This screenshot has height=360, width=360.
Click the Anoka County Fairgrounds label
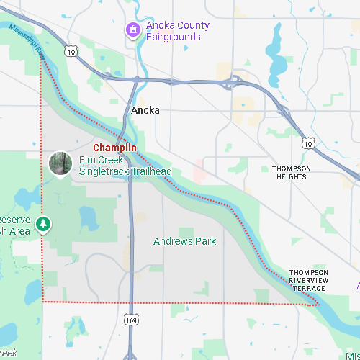pyautogui.click(x=177, y=31)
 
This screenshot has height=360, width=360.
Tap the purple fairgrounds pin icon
pyautogui.click(x=132, y=30)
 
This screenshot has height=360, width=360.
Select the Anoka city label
pyautogui.click(x=145, y=110)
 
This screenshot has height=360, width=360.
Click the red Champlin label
pyautogui.click(x=114, y=148)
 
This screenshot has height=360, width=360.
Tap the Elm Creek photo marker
pyautogui.click(x=60, y=163)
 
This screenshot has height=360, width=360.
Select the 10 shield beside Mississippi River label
pyautogui.click(x=70, y=51)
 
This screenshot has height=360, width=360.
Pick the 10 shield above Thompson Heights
pyautogui.click(x=308, y=144)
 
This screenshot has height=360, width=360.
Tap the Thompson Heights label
pyautogui.click(x=292, y=172)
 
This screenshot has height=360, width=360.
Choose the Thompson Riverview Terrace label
pyautogui.click(x=308, y=280)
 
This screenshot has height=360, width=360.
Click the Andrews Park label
pyautogui.click(x=184, y=241)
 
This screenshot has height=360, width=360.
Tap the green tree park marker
pyautogui.click(x=44, y=225)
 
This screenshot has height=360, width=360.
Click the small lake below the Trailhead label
pyautogui.click(x=89, y=215)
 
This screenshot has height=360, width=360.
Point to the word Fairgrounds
pyautogui.click(x=177, y=37)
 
